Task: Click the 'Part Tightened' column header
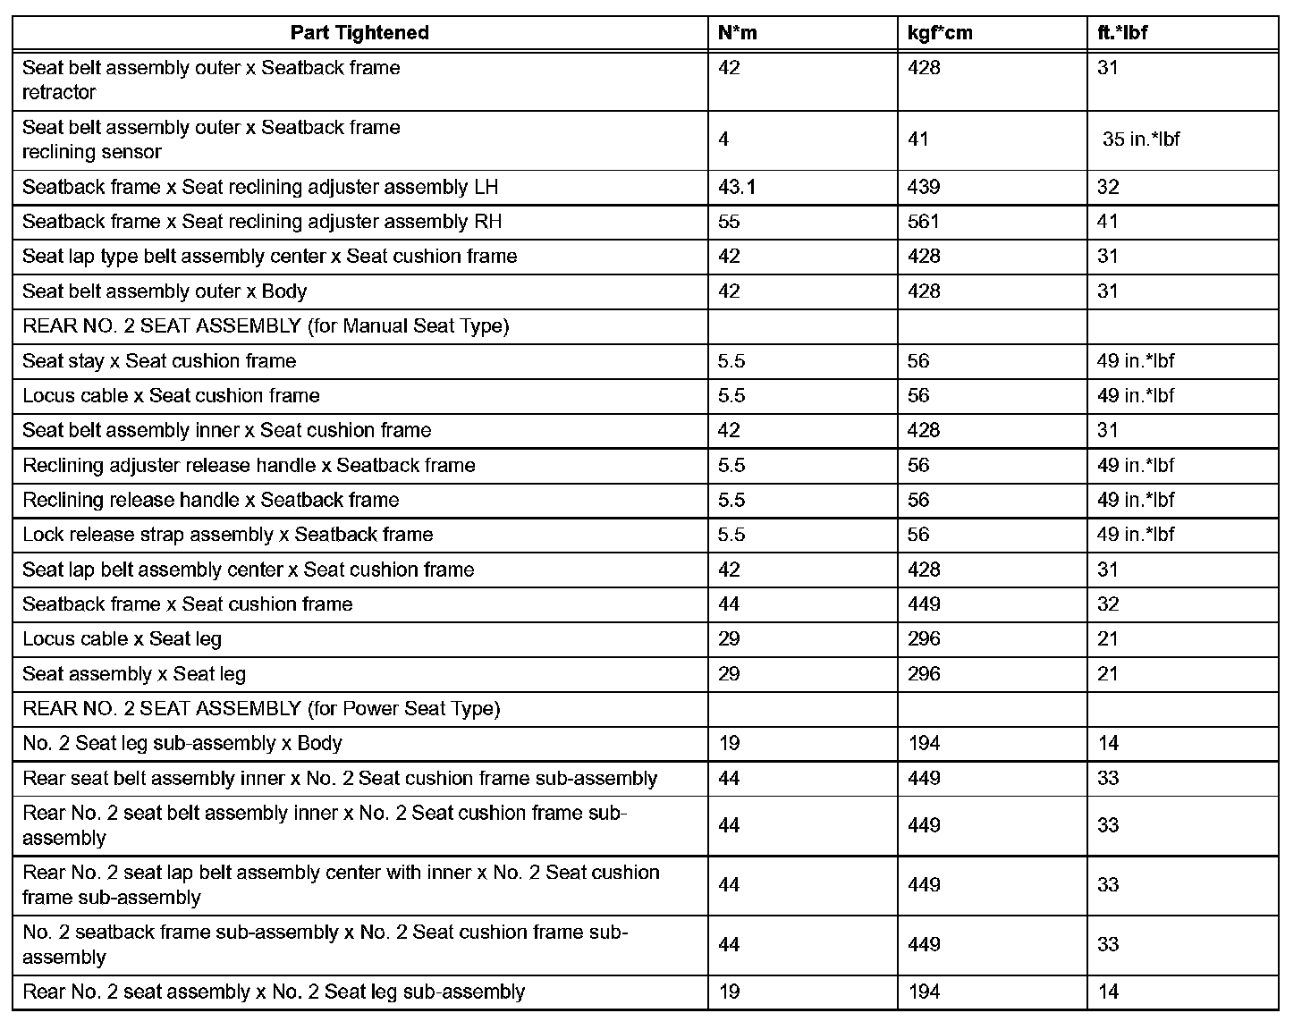359,33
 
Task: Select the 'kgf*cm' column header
940,33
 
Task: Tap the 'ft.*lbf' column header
1122,33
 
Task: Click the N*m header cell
738,33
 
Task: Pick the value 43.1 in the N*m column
736,187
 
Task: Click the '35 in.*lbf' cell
1141,139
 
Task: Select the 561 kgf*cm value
924,222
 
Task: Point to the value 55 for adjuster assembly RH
729,222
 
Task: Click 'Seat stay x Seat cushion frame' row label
159,361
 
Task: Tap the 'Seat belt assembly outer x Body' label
165,291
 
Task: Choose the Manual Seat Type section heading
266,326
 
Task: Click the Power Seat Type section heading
261,709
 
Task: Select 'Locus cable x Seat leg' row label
122,639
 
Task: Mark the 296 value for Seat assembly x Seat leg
924,674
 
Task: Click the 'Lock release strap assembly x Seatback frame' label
228,535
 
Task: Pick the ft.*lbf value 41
1108,222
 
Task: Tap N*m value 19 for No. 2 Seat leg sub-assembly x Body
729,744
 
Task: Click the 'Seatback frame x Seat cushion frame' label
188,604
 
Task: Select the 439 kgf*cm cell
924,187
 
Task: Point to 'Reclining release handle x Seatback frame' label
211,501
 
